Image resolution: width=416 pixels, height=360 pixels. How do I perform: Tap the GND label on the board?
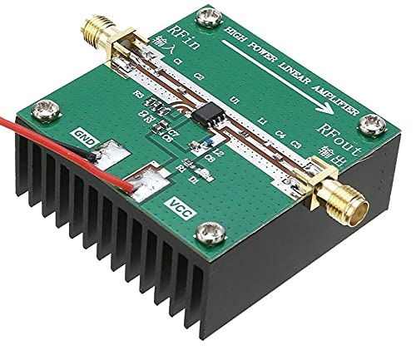pos(87,134)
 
